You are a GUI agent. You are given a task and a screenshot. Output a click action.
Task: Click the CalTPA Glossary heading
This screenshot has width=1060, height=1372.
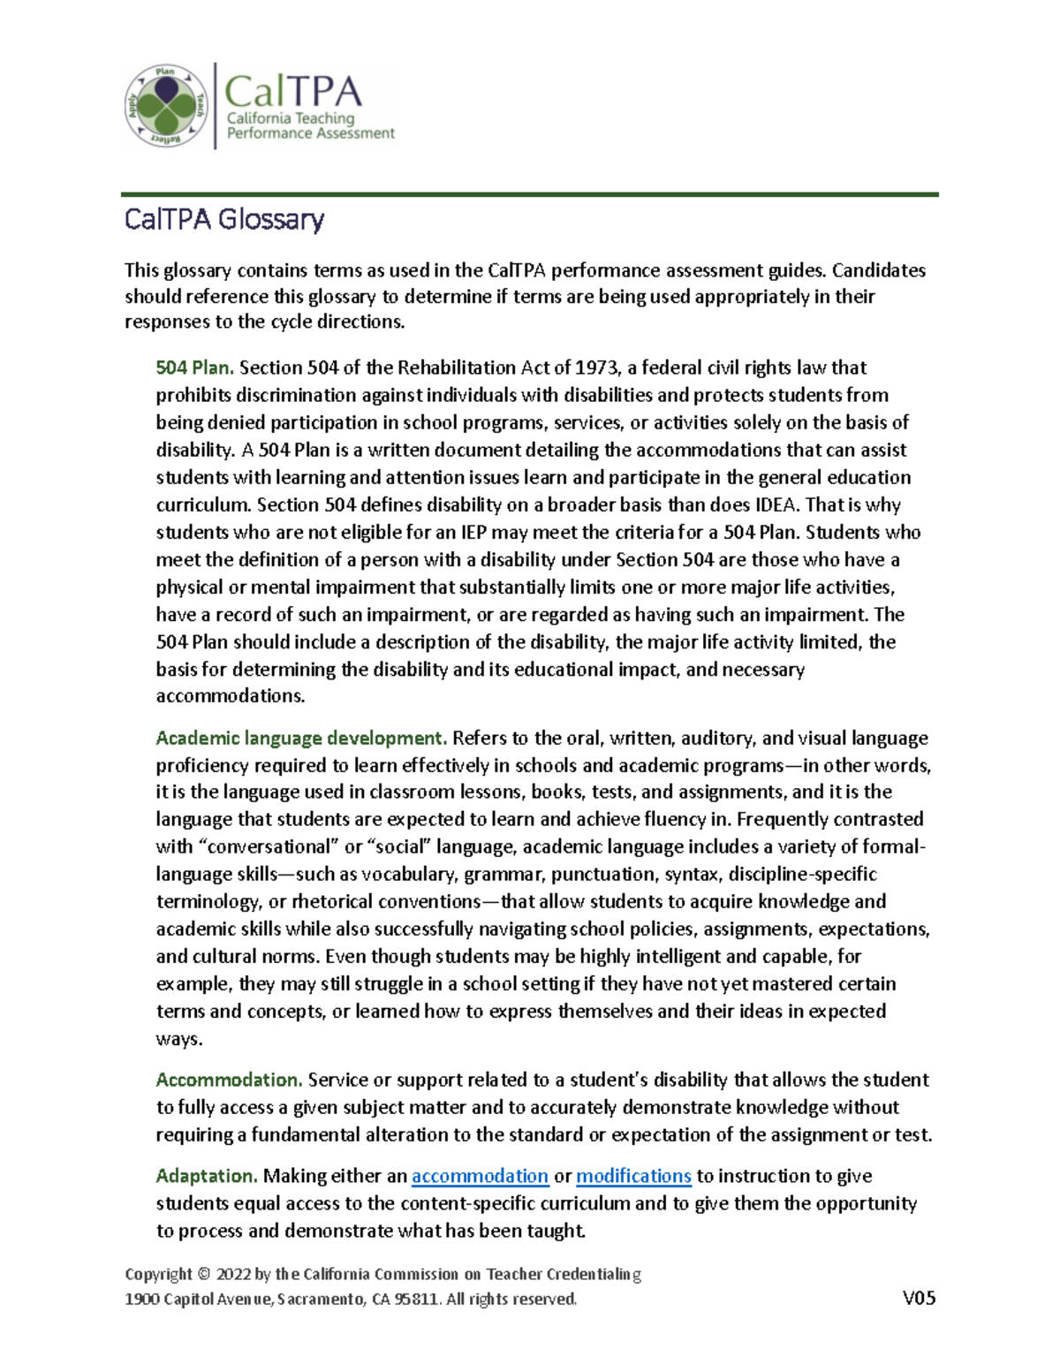pyautogui.click(x=224, y=219)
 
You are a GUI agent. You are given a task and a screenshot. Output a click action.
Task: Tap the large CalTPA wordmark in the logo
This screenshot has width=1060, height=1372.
pyautogui.click(x=292, y=91)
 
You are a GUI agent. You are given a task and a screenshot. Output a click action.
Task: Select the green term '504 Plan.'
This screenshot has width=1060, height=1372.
pyautogui.click(x=194, y=368)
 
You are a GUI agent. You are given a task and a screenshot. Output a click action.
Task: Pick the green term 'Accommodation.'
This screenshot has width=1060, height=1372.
pyautogui.click(x=229, y=1080)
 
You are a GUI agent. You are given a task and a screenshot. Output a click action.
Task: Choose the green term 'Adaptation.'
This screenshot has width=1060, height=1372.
pyautogui.click(x=207, y=1176)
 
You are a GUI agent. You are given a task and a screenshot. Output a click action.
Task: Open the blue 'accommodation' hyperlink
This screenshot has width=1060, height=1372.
pyautogui.click(x=480, y=1176)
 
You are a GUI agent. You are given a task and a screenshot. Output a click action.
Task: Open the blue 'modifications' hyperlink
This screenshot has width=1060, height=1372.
pyautogui.click(x=633, y=1176)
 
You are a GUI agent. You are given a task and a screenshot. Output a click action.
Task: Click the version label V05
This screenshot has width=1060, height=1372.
pyautogui.click(x=919, y=1298)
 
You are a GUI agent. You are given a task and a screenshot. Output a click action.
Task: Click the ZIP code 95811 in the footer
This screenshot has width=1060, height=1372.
pyautogui.click(x=416, y=1299)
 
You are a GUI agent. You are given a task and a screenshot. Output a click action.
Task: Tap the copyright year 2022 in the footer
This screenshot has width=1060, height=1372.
pyautogui.click(x=233, y=1274)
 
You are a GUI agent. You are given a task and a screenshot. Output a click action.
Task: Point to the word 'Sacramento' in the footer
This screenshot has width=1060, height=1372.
pyautogui.click(x=318, y=1299)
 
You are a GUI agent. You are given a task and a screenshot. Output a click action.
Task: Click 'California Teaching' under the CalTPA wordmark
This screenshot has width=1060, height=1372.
pyautogui.click(x=291, y=118)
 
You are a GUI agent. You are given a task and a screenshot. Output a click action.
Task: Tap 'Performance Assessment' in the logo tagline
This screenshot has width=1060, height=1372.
pyautogui.click(x=310, y=133)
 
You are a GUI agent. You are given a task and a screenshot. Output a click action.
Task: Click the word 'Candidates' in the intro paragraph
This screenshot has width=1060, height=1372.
pyautogui.click(x=878, y=270)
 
